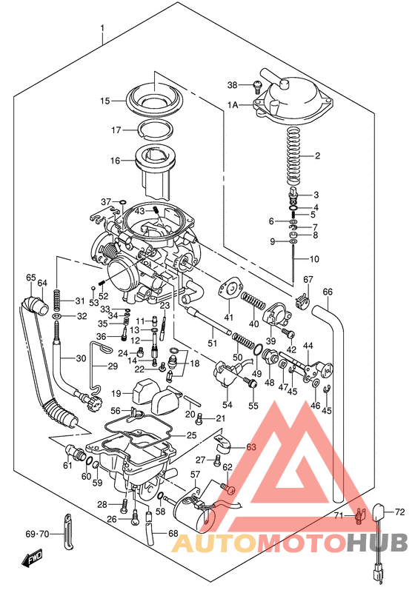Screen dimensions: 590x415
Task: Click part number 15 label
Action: (x=104, y=101)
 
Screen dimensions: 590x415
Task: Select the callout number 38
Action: (x=233, y=84)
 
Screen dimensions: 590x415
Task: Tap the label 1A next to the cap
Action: (x=233, y=105)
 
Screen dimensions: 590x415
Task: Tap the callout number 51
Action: (x=211, y=343)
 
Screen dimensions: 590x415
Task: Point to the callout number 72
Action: (x=399, y=512)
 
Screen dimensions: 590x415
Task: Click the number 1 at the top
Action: (x=102, y=30)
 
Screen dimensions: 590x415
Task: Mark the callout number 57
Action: (x=196, y=475)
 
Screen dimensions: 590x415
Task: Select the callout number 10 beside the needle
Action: (x=314, y=259)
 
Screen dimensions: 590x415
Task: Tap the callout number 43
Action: (x=139, y=211)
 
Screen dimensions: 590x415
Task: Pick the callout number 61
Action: (x=67, y=466)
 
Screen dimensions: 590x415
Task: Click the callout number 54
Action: (x=228, y=404)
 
